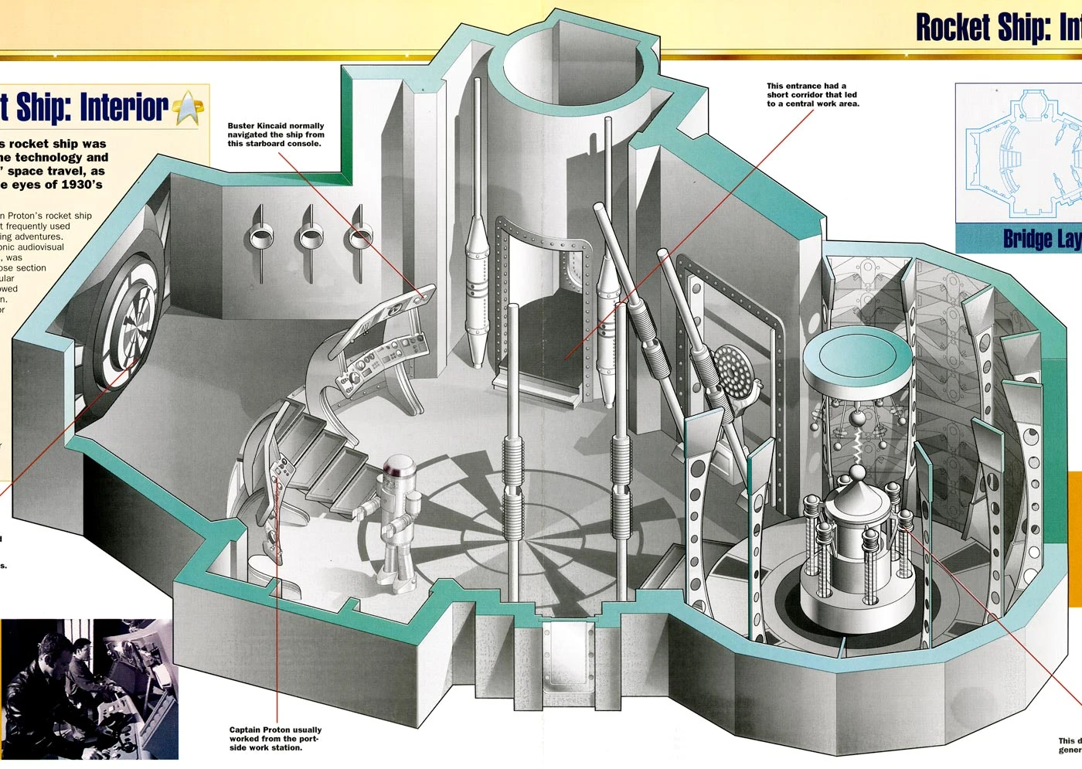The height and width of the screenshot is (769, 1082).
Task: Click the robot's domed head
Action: click(x=400, y=467)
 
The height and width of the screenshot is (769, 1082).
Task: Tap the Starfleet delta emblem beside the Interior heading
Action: click(x=189, y=107)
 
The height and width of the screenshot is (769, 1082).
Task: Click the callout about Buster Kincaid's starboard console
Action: click(x=276, y=134)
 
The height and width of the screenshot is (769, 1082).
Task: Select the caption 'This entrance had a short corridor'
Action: click(x=812, y=95)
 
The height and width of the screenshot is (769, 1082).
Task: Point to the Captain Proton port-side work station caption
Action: click(x=275, y=738)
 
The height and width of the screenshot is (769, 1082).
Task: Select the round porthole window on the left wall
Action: click(x=128, y=325)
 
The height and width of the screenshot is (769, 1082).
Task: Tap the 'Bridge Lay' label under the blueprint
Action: click(x=1041, y=239)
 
